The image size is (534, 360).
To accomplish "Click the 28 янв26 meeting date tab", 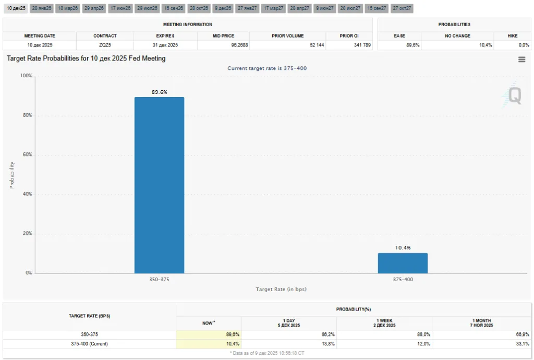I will click(x=41, y=8).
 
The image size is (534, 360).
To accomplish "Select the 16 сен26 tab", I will click(x=173, y=8).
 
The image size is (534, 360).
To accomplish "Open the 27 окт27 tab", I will click(x=402, y=8).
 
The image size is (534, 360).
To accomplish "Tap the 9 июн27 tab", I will click(x=324, y=8).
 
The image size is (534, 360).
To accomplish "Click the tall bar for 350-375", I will click(x=159, y=185).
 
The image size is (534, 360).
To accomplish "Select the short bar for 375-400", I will click(x=403, y=263).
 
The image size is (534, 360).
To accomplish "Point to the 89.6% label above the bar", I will click(x=159, y=92).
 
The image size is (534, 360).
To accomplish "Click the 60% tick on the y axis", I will click(x=26, y=155).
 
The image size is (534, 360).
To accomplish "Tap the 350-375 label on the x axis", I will click(x=159, y=280).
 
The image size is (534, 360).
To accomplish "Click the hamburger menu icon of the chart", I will click(x=521, y=59).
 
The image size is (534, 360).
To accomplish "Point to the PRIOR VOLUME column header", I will click(x=287, y=36).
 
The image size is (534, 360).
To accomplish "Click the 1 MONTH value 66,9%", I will click(x=521, y=334).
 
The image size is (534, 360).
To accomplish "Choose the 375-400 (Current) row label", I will click(x=89, y=344).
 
